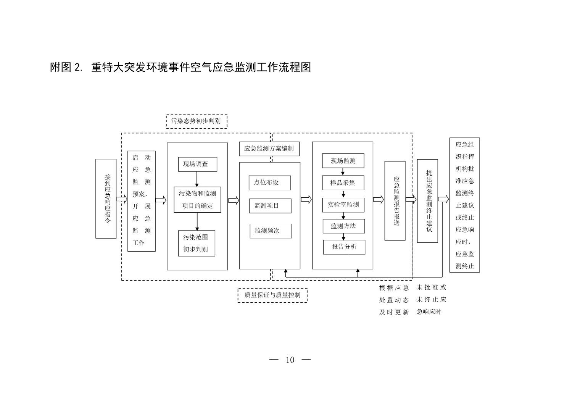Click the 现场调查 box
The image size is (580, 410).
[x=198, y=164]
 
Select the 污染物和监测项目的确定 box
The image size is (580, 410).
[x=197, y=199]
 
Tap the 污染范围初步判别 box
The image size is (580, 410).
[x=197, y=243]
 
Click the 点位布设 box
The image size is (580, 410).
[x=270, y=183]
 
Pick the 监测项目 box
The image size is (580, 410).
[x=270, y=206]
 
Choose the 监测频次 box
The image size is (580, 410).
[x=271, y=231]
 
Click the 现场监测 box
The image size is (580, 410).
[x=343, y=161]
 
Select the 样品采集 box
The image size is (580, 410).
[x=343, y=183]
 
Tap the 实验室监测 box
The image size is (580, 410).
[x=343, y=205]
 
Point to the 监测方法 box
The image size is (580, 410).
[x=344, y=226]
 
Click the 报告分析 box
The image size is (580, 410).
[x=344, y=247]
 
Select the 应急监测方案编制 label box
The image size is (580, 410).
[x=269, y=149]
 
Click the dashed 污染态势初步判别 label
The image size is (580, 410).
[x=197, y=121]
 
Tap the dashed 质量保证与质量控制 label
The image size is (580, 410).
[x=272, y=295]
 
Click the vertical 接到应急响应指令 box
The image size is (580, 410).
[x=106, y=199]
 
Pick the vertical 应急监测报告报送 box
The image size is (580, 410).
[x=395, y=201]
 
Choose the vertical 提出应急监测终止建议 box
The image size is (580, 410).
[x=427, y=201]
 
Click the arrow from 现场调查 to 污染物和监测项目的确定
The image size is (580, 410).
[x=197, y=179]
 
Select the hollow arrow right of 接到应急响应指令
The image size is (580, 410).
[x=122, y=199]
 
